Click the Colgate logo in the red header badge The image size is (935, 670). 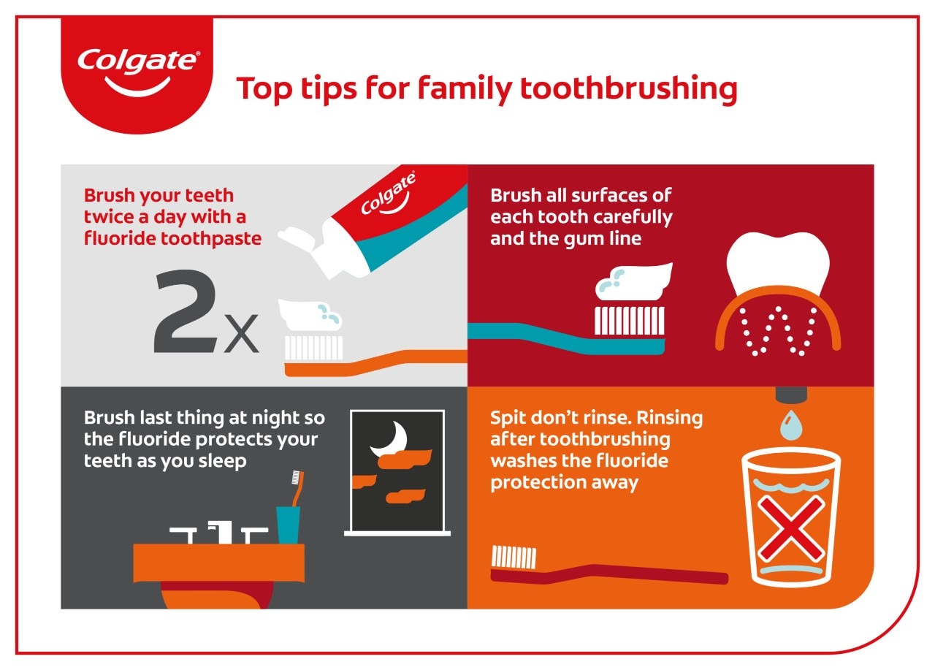138,72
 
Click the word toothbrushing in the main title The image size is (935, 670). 629,88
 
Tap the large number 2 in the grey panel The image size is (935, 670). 186,311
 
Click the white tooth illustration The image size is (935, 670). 778,262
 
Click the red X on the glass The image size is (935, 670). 791,529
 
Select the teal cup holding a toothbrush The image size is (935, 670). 288,525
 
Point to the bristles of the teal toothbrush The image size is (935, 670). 630,321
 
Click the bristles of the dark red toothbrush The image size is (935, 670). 514,557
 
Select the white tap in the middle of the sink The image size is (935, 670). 221,532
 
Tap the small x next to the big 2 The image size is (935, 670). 241,334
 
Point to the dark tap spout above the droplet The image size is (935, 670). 791,395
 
